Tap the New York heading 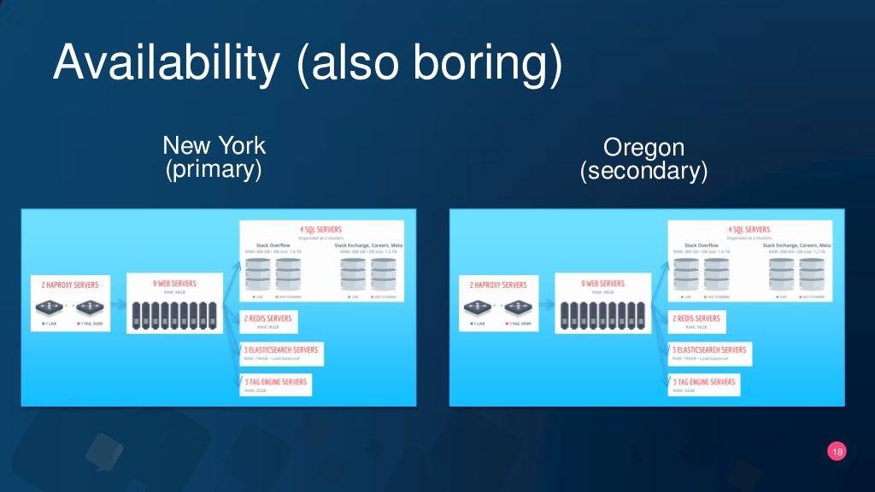pos(214,145)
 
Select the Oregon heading pos(643,148)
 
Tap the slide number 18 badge pos(837,451)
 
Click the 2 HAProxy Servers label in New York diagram pos(70,284)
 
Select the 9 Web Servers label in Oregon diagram pos(602,283)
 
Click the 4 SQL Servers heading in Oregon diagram pos(749,230)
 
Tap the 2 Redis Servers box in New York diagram pos(267,321)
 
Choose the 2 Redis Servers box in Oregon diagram pos(696,321)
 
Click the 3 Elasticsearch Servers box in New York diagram pos(279,353)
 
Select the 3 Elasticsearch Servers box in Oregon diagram pos(708,353)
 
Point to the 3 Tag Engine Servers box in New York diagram pos(275,384)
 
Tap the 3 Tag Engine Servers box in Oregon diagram pos(704,384)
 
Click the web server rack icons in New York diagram pos(173,315)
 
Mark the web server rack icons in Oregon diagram pos(602,315)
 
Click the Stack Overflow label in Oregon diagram pos(701,245)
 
